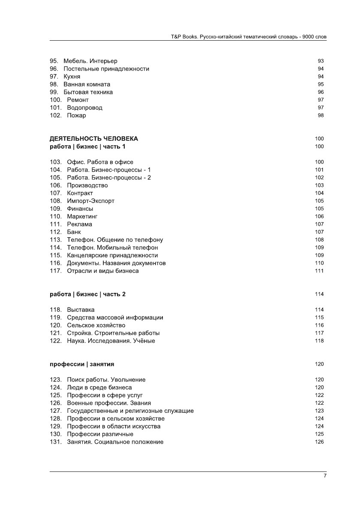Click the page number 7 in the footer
coord(325,476)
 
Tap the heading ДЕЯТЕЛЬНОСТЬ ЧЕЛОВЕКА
coord(94,139)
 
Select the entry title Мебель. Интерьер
coord(90,61)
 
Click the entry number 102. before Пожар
coord(56,116)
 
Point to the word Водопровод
coord(84,108)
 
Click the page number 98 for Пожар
coord(321,116)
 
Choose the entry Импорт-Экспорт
coord(90,201)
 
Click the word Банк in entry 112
coord(74,232)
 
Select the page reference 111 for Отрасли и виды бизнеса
coord(319,271)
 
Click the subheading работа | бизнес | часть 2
coord(87,294)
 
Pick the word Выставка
coord(81,310)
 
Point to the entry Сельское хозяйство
coord(96,325)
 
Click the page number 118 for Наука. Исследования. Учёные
coord(319,341)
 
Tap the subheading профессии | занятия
coord(82,364)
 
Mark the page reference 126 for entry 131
coord(319,442)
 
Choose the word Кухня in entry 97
coord(72,77)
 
